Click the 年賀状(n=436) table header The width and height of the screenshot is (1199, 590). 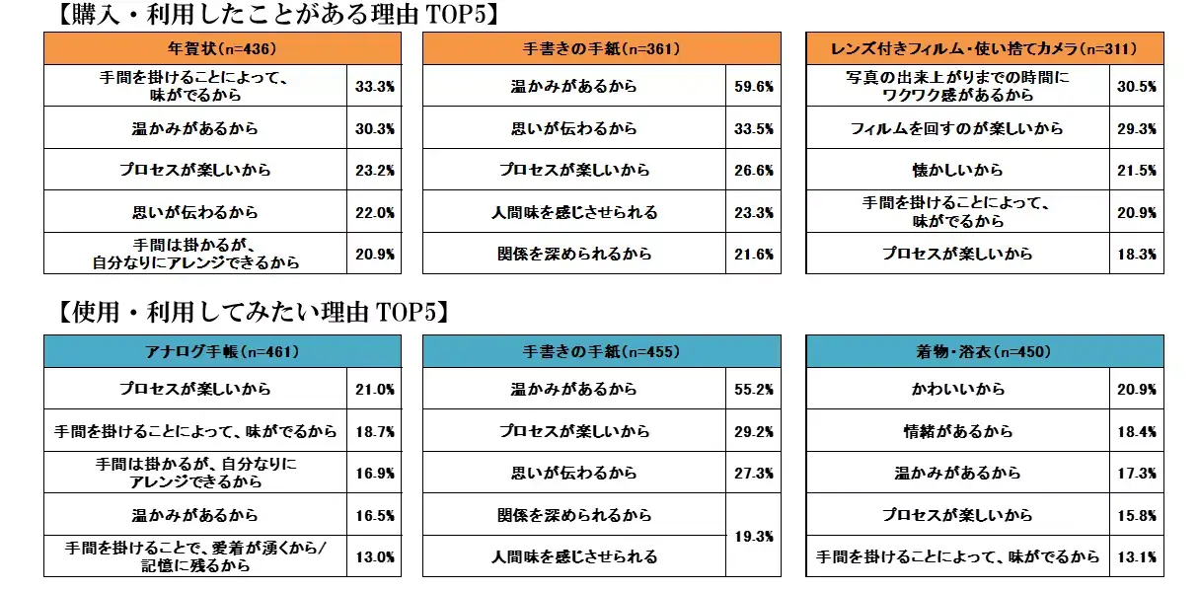[x=222, y=48]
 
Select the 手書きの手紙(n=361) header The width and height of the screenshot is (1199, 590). [x=601, y=48]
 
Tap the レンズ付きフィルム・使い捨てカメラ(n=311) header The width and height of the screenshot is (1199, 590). [x=984, y=48]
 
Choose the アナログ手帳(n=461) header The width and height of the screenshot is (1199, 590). [x=222, y=351]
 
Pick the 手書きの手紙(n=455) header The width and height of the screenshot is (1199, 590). [x=601, y=351]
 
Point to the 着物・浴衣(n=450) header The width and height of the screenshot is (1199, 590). [x=984, y=351]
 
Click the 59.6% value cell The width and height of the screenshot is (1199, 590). [x=753, y=87]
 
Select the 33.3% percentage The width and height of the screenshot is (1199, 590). [x=374, y=87]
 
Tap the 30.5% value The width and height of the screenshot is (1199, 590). [x=1136, y=87]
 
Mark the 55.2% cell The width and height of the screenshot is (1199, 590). [x=753, y=390]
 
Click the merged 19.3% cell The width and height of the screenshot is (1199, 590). [x=753, y=536]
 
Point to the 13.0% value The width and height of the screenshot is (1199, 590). [x=374, y=556]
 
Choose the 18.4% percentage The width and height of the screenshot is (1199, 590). [x=1136, y=431]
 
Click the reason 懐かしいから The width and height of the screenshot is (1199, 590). [x=957, y=170]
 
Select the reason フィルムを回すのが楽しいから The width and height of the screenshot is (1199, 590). [x=957, y=128]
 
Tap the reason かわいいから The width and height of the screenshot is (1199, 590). [x=957, y=390]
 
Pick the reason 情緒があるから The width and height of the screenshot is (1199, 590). [x=957, y=431]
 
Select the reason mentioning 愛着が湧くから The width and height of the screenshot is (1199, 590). [x=195, y=556]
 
